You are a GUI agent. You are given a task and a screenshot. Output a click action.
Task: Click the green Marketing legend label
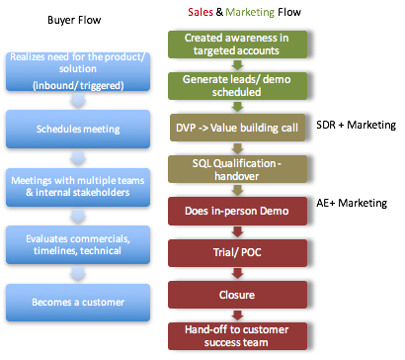tap(250, 12)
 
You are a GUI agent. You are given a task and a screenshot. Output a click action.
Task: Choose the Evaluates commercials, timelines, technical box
tap(76, 239)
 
